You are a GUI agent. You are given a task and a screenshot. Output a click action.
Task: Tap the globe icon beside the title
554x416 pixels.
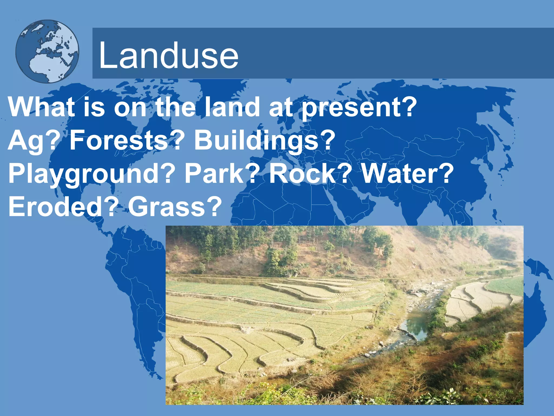pos(47,51)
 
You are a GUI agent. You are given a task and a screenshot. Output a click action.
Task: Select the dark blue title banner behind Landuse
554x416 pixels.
pos(379,53)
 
